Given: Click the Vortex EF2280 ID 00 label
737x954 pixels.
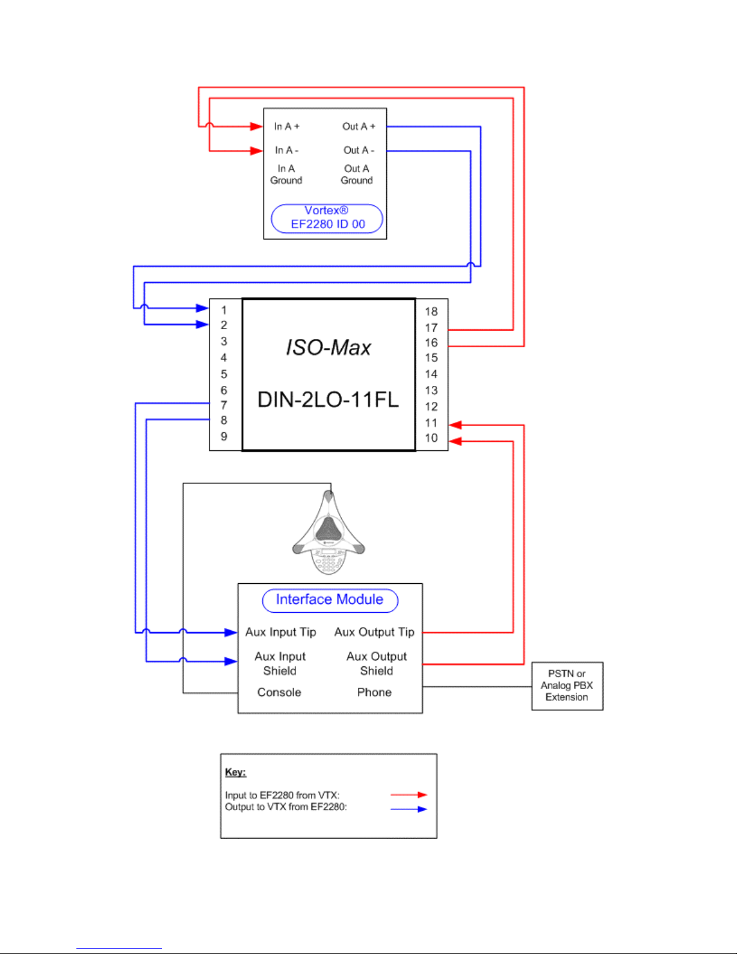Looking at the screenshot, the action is tap(327, 218).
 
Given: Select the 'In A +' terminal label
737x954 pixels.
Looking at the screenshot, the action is tap(287, 126).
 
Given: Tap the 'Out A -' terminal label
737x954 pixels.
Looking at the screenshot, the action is tap(359, 150).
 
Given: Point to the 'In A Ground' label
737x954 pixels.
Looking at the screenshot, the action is tap(286, 175).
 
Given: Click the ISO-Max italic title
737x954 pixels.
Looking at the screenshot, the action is tap(328, 347).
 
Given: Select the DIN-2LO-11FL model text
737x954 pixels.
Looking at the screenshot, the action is tap(328, 400).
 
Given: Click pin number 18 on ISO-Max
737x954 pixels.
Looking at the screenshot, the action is tap(431, 312).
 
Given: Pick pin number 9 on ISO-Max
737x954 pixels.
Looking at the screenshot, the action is tap(224, 436).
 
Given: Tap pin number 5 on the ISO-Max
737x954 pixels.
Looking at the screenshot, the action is tap(224, 374).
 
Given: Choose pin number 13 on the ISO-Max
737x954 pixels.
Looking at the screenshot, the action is tap(431, 390).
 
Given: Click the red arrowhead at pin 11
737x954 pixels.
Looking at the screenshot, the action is tap(455, 425).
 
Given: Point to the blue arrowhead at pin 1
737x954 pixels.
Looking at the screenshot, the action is tap(202, 308).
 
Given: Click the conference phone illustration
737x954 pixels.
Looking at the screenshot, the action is tap(328, 533).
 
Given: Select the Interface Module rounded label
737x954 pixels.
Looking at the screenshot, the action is tap(330, 600).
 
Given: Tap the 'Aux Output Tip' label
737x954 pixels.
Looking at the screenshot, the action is tap(374, 632).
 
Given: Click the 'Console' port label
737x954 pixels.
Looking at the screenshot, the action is tap(279, 692).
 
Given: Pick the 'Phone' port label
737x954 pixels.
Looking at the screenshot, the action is tap(374, 692).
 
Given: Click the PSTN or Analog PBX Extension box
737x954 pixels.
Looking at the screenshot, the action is tap(567, 686).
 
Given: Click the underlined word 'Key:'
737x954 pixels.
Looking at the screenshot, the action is tap(236, 772).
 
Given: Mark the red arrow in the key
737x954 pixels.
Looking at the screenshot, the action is tap(409, 794).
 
